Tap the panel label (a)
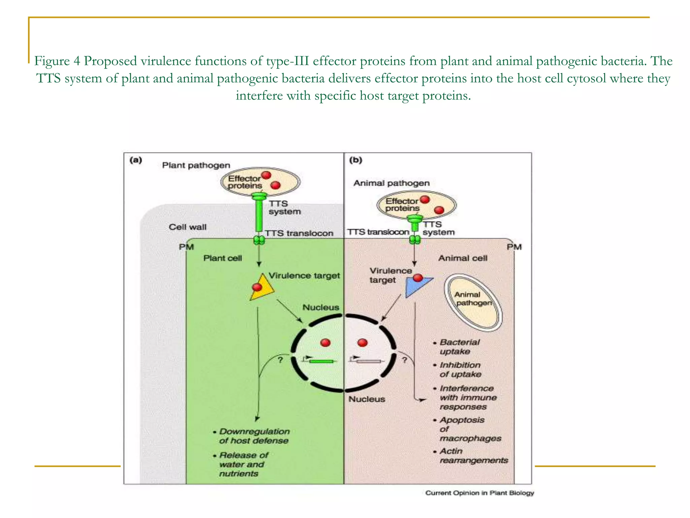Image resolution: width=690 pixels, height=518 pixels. point(136,160)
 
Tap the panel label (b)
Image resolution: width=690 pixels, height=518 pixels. point(355,160)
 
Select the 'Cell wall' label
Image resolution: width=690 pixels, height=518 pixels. point(187,227)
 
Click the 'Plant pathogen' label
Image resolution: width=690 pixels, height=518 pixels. point(196,165)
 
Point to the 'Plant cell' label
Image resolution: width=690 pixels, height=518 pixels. point(222,258)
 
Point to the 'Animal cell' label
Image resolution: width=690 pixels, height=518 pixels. point(463,258)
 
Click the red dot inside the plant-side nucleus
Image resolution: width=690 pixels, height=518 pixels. point(325,343)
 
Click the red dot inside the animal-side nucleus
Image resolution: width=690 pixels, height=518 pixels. point(363,343)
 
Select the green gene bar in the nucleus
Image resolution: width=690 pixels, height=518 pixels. point(321,362)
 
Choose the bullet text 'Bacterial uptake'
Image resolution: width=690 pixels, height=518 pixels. point(459,347)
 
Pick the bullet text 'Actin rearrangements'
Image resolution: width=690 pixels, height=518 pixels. point(473,456)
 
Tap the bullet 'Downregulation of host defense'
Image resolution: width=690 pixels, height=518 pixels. point(254,436)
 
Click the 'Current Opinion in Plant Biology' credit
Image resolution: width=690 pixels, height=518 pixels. point(479,493)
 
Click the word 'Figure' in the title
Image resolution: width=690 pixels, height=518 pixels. point(52,61)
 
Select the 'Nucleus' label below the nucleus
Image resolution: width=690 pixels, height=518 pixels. point(367,399)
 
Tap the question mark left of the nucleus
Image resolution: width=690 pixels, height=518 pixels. point(280,360)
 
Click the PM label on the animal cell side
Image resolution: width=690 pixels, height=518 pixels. point(514,247)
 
